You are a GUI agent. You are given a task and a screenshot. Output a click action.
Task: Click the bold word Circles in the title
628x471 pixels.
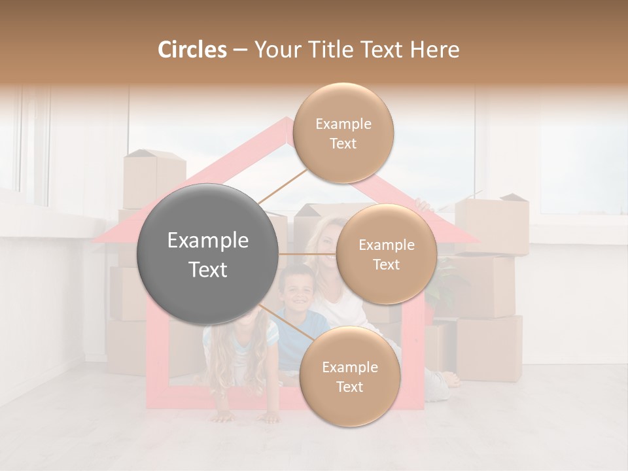click(192, 50)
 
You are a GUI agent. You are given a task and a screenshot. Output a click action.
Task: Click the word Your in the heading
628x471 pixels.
click(275, 50)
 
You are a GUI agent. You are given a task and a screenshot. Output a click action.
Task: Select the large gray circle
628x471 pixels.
click(208, 254)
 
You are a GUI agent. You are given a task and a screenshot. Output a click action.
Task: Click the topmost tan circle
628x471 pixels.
click(343, 133)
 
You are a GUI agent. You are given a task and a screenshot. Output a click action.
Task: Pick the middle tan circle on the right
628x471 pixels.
click(386, 254)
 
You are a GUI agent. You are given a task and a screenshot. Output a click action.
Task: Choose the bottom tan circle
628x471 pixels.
click(349, 377)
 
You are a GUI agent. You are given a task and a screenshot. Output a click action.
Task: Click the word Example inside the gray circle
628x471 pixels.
click(208, 241)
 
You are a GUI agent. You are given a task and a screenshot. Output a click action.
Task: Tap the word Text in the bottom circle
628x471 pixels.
click(349, 387)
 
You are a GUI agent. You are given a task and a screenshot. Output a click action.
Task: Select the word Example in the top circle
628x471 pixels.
click(343, 124)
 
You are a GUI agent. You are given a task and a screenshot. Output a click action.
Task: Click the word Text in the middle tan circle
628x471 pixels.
click(386, 264)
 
